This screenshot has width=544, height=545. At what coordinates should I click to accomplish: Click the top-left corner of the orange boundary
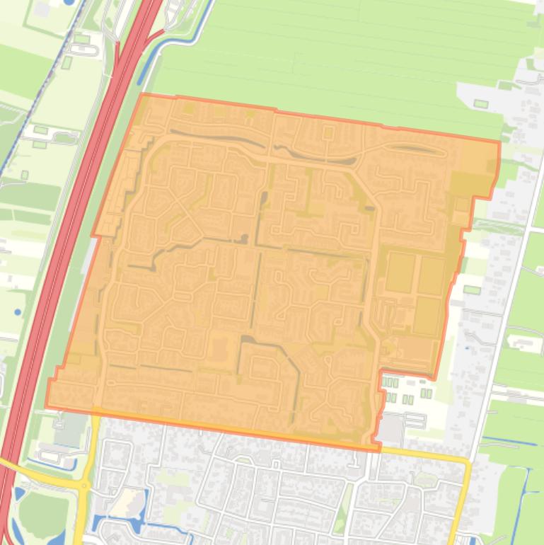pos(142,94)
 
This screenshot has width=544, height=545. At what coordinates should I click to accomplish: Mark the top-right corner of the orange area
pos(499,142)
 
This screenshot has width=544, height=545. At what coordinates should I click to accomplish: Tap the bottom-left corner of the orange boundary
pos(47,407)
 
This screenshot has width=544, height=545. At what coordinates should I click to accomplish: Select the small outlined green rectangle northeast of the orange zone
pos(481,104)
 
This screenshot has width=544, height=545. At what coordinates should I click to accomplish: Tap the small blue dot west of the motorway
pos(17,311)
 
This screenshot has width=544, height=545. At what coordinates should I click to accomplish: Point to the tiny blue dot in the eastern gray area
pos(467,348)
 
